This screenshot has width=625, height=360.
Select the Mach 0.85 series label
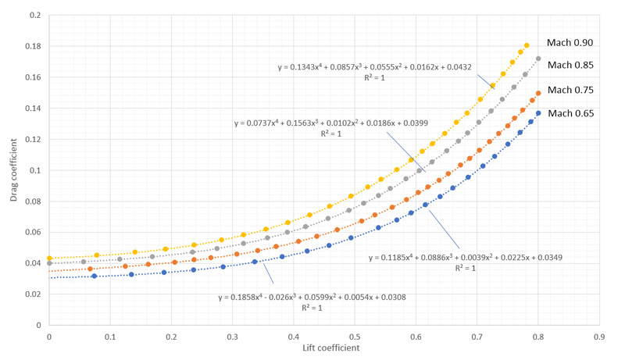(x=571, y=65)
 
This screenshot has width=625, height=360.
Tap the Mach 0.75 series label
(x=571, y=90)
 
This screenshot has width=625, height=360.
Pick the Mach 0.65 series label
(x=571, y=113)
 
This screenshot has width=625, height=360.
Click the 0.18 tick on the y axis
(x=34, y=46)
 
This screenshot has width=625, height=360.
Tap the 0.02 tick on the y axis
(x=34, y=294)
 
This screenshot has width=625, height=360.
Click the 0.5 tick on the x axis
(x=354, y=337)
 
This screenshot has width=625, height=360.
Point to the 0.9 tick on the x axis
(x=599, y=337)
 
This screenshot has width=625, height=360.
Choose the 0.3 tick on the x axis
(x=232, y=337)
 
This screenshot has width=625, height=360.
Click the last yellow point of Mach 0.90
(x=526, y=45)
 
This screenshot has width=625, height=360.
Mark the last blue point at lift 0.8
(x=538, y=113)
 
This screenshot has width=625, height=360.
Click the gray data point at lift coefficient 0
(x=49, y=263)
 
